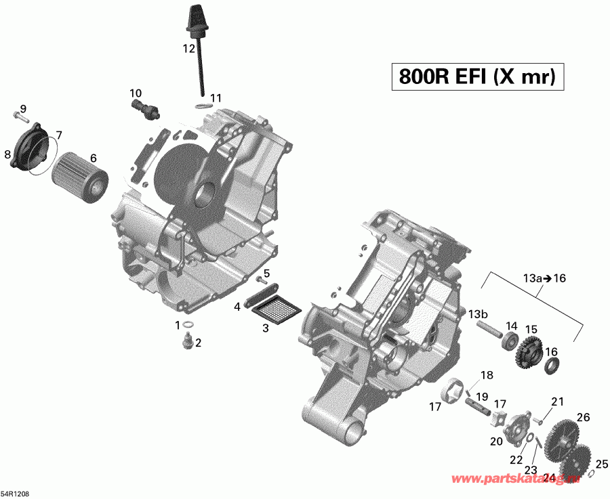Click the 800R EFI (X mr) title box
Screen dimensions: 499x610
pyautogui.click(x=476, y=76)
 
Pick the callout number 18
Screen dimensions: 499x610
pyautogui.click(x=487, y=376)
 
